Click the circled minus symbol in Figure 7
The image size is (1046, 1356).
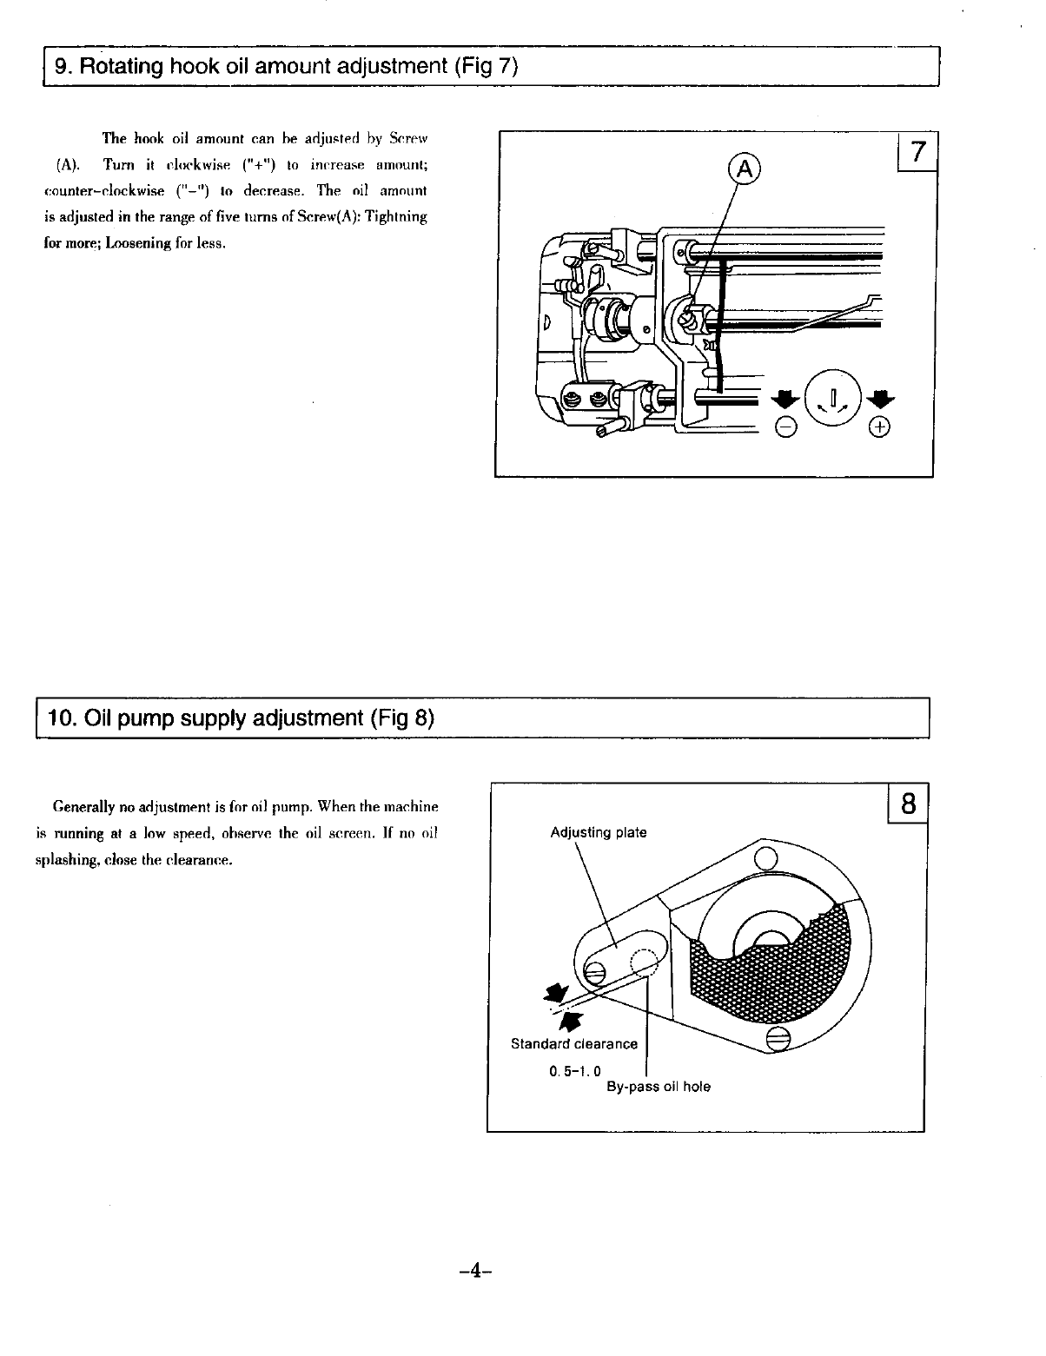point(784,427)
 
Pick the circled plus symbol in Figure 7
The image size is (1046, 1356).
point(881,427)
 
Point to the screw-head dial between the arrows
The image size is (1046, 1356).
point(832,398)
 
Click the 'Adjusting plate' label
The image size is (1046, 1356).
point(599,833)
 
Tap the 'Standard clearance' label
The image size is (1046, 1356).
point(573,1044)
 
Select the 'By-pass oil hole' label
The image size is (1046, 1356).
point(658,1087)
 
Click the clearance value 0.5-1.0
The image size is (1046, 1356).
point(575,1070)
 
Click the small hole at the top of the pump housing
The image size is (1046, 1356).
point(765,860)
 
